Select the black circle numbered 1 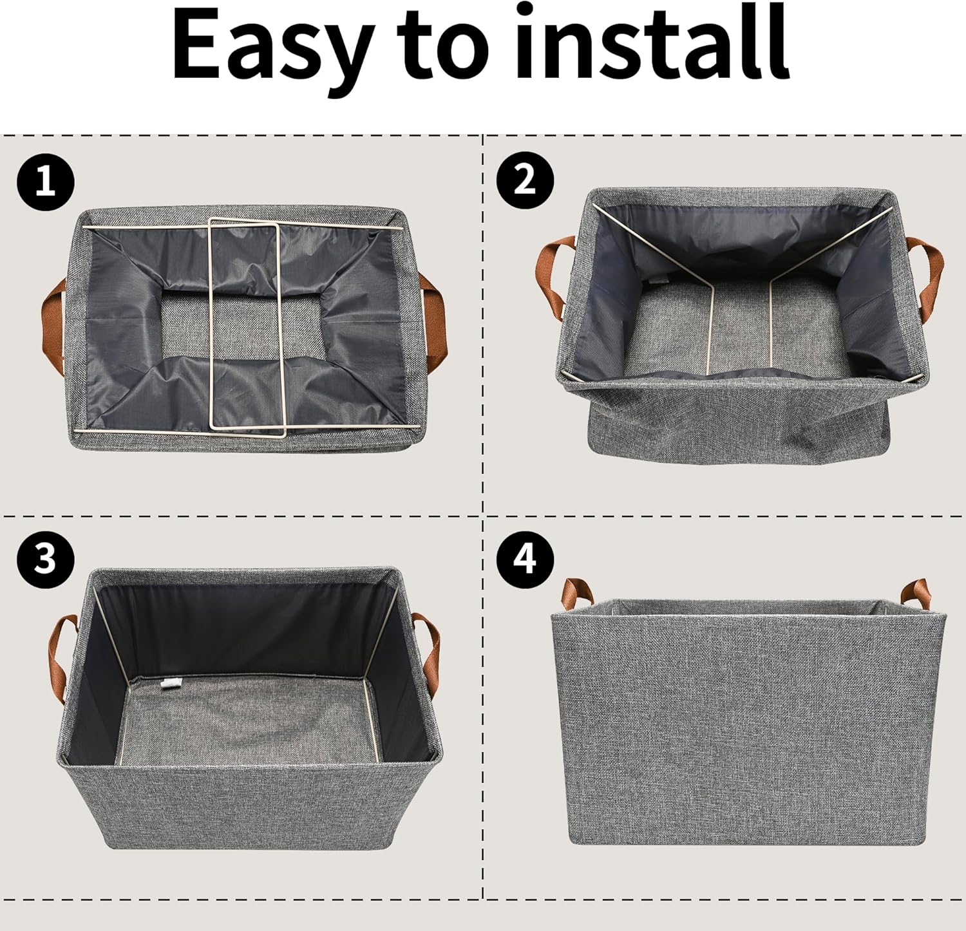46,182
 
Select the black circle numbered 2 525,180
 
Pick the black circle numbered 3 46,558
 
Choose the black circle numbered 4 525,557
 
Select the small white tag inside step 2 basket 656,280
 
